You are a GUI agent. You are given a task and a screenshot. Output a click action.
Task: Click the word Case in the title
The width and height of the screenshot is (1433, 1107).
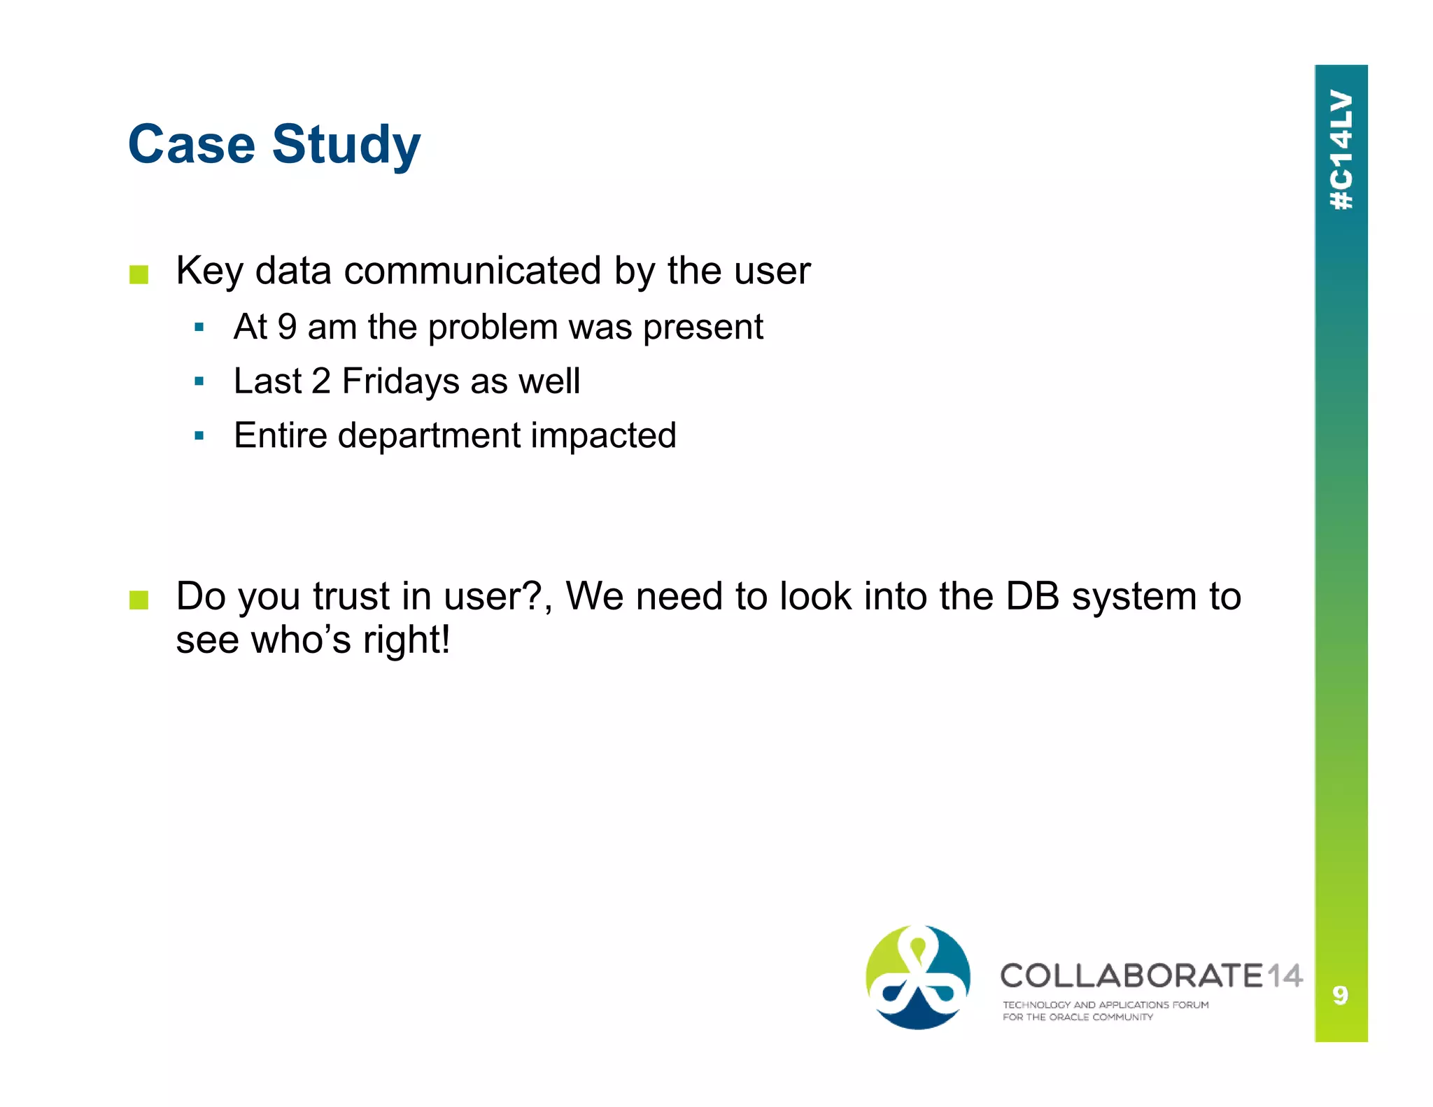pos(191,144)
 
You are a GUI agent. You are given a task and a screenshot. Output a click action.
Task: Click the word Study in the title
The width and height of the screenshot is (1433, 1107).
pos(346,146)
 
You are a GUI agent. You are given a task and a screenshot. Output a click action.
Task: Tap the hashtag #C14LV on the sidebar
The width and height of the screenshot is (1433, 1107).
pos(1341,149)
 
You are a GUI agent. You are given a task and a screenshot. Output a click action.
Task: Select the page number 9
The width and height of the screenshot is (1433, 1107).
pos(1340,994)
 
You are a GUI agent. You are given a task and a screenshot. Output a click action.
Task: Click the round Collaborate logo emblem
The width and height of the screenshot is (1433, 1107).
pos(917,977)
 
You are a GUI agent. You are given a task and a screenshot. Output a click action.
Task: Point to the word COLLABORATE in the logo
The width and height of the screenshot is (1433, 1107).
pos(1131,975)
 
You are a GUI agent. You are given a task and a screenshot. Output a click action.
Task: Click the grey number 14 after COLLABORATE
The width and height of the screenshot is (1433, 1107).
pos(1284,975)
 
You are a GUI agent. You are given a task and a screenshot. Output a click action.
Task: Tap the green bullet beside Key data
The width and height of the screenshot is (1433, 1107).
pos(139,274)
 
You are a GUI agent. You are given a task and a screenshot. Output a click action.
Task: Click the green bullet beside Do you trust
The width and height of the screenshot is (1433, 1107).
pos(139,600)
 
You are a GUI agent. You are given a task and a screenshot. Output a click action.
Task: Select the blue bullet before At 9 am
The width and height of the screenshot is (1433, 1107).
pos(199,327)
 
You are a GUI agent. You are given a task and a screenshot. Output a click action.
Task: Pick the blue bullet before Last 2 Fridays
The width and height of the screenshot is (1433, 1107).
pos(199,381)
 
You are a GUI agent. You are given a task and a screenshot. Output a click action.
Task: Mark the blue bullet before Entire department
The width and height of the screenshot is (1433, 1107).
pos(199,435)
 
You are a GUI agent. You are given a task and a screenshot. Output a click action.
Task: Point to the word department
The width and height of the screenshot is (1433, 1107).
pos(429,436)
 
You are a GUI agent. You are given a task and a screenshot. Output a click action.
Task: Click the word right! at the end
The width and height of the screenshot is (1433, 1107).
pos(406,640)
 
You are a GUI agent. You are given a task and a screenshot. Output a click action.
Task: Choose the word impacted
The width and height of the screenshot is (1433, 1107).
pos(603,436)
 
